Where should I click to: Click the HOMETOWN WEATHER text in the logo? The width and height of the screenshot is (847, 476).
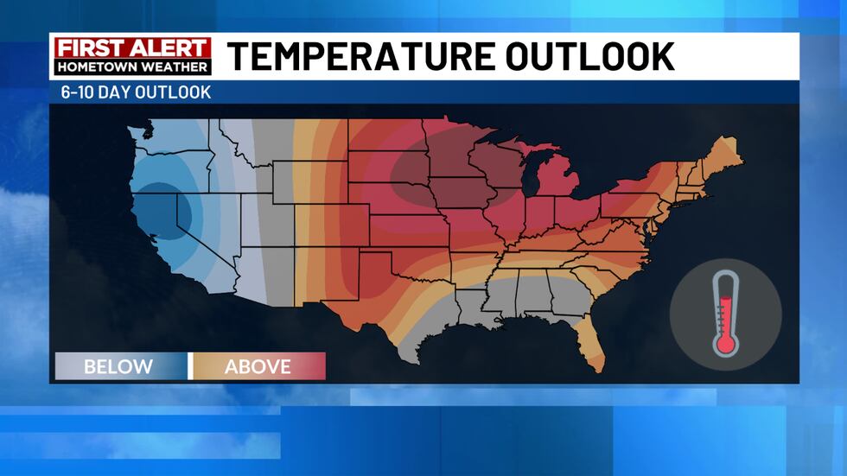(x=132, y=67)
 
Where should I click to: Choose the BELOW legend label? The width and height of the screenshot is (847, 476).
(x=118, y=366)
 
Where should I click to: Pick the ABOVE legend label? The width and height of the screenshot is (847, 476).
(x=258, y=366)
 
